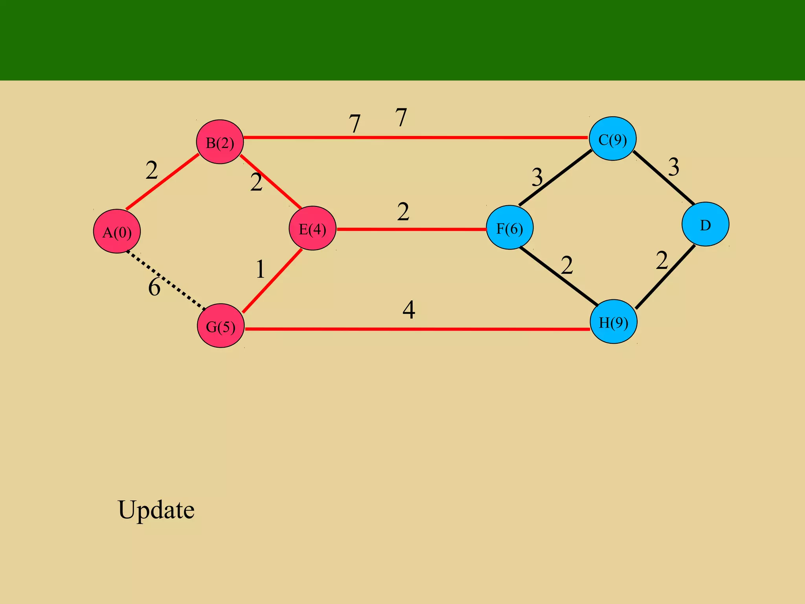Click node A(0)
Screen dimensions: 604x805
point(117,231)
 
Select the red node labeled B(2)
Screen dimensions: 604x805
point(220,142)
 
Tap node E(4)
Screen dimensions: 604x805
point(312,228)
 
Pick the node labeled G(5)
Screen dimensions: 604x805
point(221,326)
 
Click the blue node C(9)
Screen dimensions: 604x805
point(612,138)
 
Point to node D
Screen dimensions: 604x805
point(705,224)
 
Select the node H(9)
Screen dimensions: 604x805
point(613,322)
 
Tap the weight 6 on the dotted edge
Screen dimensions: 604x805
point(154,287)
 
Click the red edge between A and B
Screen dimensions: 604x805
point(162,182)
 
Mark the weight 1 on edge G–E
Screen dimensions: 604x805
point(260,270)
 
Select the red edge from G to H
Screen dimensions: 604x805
point(417,329)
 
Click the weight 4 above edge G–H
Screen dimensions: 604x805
point(409,310)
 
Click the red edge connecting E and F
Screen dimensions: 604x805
point(411,229)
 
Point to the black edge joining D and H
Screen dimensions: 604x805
point(665,278)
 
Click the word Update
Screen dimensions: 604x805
point(156,510)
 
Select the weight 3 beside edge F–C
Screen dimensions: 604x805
point(537,177)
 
